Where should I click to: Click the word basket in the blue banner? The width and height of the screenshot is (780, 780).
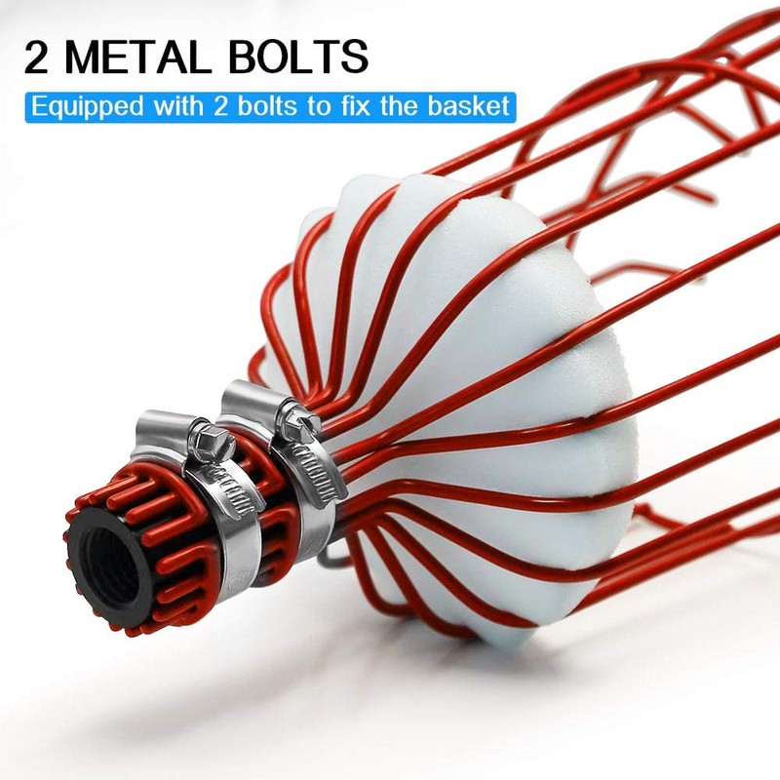coord(469,106)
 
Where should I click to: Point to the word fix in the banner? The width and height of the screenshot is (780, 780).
coord(354,106)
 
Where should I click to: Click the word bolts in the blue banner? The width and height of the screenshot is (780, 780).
coord(267,106)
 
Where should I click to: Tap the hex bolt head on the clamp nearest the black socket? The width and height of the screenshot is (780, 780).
coord(211,441)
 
